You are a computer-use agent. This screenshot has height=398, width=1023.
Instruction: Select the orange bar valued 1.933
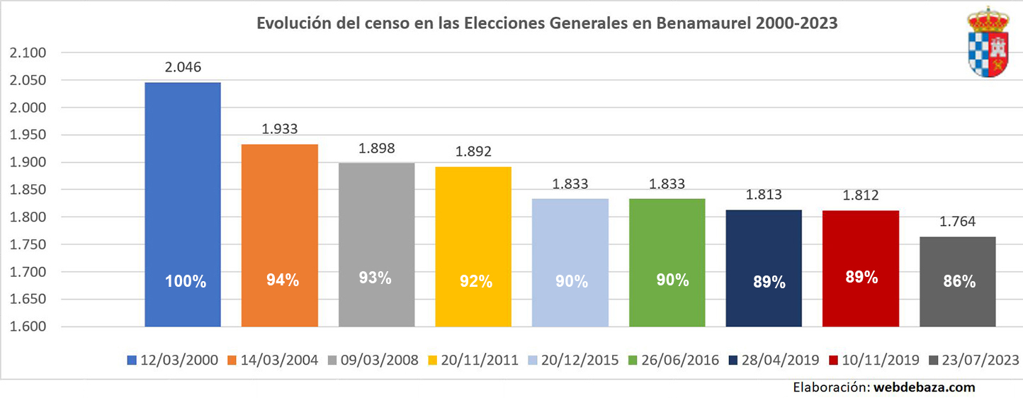click(280, 234)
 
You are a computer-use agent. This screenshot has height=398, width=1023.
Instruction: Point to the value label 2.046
click(183, 68)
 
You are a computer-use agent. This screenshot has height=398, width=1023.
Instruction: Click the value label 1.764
click(957, 222)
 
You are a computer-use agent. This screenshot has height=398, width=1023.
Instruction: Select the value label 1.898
click(376, 149)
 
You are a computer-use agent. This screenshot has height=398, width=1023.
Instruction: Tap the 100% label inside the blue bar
click(186, 281)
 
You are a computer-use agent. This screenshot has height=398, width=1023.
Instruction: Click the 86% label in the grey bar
click(959, 281)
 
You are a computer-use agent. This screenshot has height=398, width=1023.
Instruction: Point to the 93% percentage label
click(375, 278)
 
